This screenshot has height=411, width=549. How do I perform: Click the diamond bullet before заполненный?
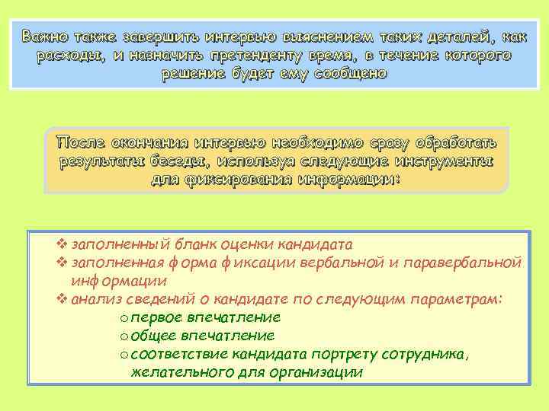63,245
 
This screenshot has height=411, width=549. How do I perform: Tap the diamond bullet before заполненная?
63,263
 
